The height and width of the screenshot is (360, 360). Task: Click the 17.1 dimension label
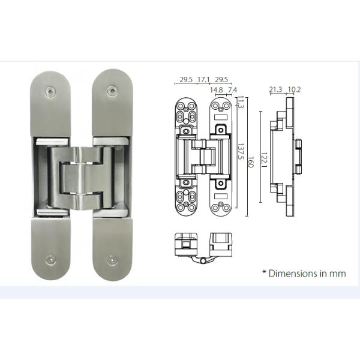click(x=203, y=79)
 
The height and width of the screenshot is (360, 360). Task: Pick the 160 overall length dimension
click(x=247, y=161)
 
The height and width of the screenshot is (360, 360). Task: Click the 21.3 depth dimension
click(x=276, y=90)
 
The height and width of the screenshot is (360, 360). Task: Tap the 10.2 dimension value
click(x=294, y=90)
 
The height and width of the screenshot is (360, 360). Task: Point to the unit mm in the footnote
click(x=338, y=273)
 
